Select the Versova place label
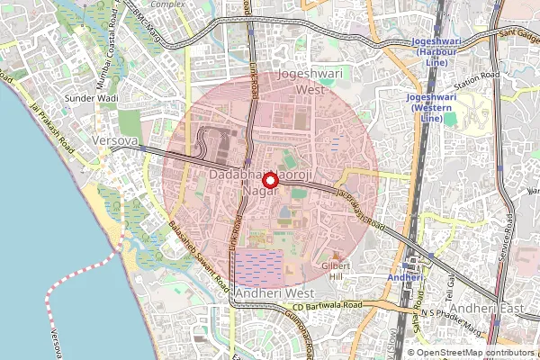[x=114, y=142]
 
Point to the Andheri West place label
[x=273, y=293]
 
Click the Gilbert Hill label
[x=336, y=272]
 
